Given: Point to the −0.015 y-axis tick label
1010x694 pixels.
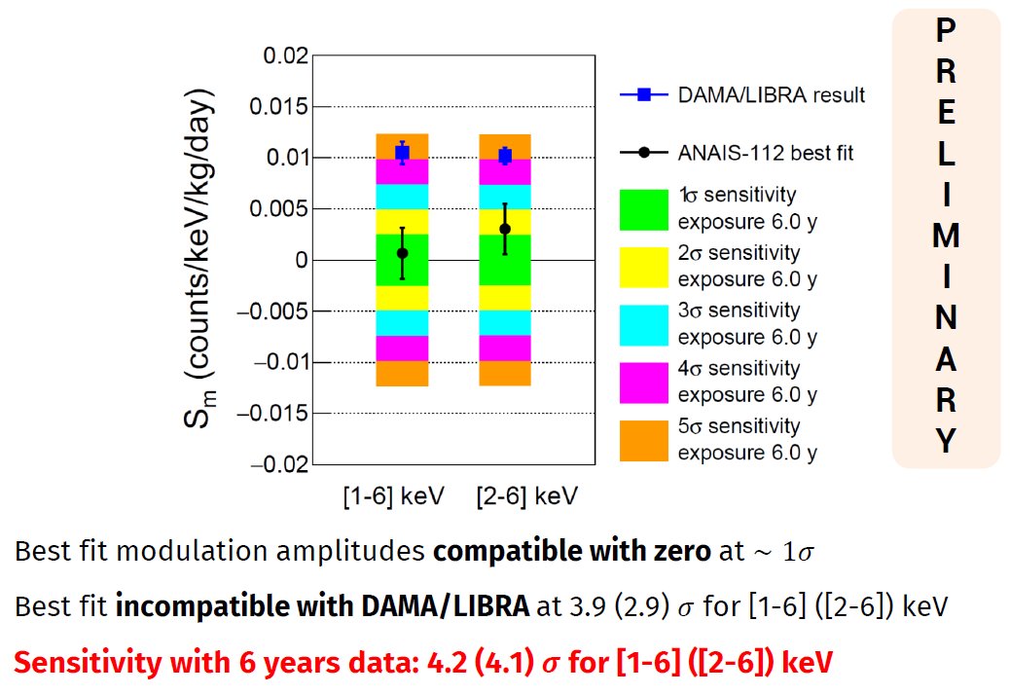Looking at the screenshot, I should pyautogui.click(x=276, y=413).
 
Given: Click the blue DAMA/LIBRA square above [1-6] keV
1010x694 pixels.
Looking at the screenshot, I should pyautogui.click(x=402, y=152).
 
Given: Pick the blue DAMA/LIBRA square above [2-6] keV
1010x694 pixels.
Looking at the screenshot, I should pyautogui.click(x=505, y=156).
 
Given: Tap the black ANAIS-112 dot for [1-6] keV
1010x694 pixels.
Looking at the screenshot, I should pyautogui.click(x=402, y=253).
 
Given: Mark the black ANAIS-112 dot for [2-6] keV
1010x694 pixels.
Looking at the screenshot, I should pyautogui.click(x=505, y=229).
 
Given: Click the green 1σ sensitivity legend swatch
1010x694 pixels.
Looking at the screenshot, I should pyautogui.click(x=643, y=208).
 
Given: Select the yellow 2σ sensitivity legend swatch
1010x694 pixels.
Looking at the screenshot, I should pyautogui.click(x=643, y=267).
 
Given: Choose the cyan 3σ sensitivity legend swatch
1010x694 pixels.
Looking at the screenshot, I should pyautogui.click(x=643, y=324).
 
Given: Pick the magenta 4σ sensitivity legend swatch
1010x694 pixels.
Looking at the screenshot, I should pyautogui.click(x=643, y=383).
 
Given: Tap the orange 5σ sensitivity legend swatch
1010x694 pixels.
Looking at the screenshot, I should pyautogui.click(x=643, y=440).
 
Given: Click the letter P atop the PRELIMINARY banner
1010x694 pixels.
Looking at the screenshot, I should pyautogui.click(x=945, y=31).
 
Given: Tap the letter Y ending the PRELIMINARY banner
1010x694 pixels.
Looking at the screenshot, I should pyautogui.click(x=945, y=442).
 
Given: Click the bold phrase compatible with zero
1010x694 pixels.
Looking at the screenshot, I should pyautogui.click(x=572, y=553).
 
